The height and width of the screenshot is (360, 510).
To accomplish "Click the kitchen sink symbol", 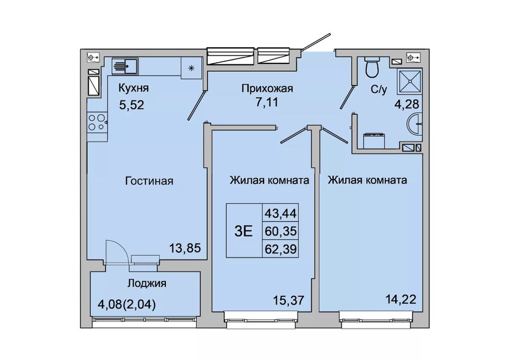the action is coord(125,67).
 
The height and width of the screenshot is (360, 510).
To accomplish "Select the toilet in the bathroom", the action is coord(373,67).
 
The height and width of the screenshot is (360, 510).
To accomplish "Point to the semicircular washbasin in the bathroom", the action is coord(415,123).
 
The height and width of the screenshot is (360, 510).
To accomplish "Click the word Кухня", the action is coord(133,88).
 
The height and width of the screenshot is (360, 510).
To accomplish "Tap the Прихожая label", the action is coord(267,89).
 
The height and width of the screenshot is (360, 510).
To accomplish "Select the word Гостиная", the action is coord(149,181).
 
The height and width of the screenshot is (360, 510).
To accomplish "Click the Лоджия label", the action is coord(147,284).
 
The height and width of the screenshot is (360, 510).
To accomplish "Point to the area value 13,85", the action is coord(185,248).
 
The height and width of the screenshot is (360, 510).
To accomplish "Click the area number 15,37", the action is coord(289,300).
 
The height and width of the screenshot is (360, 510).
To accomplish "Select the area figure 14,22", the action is coord(400,299).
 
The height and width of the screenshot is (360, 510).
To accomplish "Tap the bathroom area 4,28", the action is coord(406,105).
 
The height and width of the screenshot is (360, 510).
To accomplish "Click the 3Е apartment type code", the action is coord(244,231).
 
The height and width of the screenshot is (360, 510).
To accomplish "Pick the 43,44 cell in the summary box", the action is coord(280,214).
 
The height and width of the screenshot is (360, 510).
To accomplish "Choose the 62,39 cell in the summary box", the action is coord(280,249).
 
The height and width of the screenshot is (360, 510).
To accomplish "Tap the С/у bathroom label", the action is coord(379,90).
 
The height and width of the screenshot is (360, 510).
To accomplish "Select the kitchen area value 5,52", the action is coord(132,105).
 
